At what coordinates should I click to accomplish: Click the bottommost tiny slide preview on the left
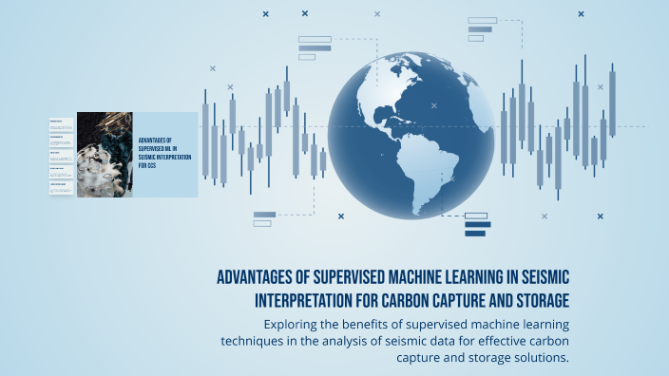pyautogui.click(x=62, y=187)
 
